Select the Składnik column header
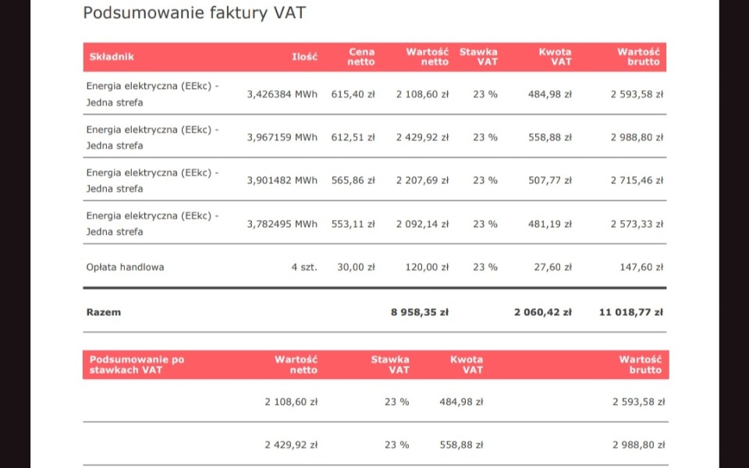tap(112, 57)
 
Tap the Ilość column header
tap(304, 57)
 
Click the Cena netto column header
tap(361, 57)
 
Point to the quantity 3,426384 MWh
tap(282, 94)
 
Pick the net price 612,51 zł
tap(353, 137)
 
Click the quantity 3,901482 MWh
tap(282, 180)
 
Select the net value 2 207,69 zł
tap(422, 180)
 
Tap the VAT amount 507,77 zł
tap(550, 180)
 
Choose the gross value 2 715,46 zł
tap(637, 180)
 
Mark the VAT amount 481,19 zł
tap(550, 224)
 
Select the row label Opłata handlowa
tap(125, 267)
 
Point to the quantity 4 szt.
tap(304, 267)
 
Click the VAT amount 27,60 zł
tap(556, 267)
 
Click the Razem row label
tap(104, 312)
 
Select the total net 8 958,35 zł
tap(420, 312)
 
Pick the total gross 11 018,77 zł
tap(631, 312)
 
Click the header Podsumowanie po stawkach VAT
tap(137, 364)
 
